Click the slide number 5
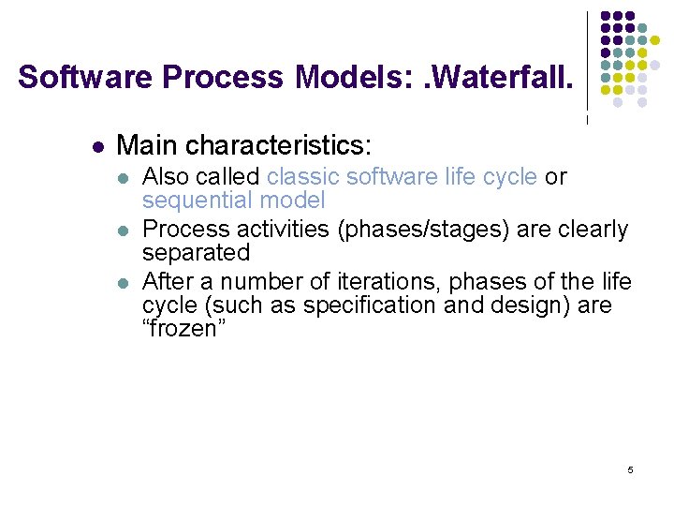tap(630, 469)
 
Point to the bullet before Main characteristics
tap(96, 147)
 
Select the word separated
tap(196, 253)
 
